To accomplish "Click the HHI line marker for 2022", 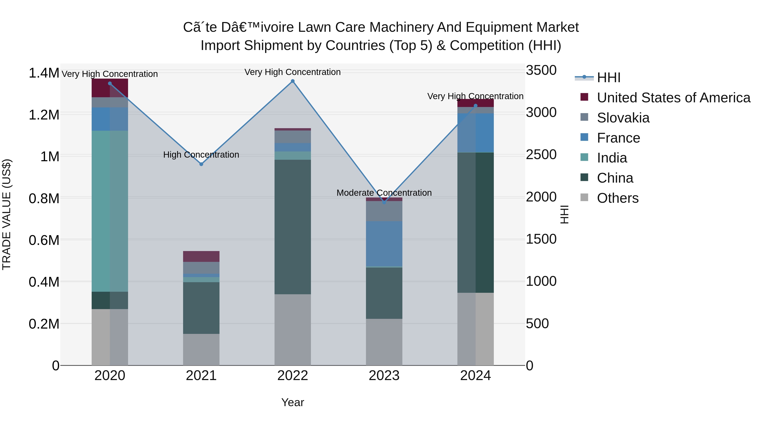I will [293, 81].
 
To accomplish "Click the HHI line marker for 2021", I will [201, 164].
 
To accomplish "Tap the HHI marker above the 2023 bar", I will [384, 203].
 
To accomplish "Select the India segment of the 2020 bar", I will [110, 211].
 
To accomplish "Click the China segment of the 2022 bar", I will [293, 227].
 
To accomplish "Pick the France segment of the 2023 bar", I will [384, 244].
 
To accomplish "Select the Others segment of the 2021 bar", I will [201, 349].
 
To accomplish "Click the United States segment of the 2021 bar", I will [201, 256].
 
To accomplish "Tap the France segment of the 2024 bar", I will [475, 133].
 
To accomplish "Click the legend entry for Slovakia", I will [623, 118].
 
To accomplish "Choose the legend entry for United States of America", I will [673, 98].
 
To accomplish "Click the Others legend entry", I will [617, 198].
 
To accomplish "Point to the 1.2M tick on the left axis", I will [44, 115].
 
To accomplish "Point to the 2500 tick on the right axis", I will [541, 155].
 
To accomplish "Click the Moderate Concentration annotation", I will [384, 193].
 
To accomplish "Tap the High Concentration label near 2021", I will [201, 155].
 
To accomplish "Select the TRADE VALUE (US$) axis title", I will [7, 214].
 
